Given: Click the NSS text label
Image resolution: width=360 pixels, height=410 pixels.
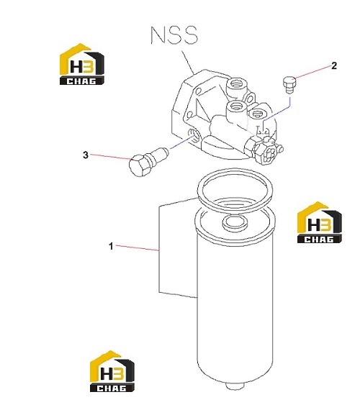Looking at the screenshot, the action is point(174,35).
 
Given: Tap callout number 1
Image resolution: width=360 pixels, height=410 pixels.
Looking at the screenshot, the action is point(111,246).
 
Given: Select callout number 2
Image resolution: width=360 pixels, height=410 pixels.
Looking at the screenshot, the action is point(334,65).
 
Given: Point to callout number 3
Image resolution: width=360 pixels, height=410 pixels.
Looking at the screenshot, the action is point(86,155).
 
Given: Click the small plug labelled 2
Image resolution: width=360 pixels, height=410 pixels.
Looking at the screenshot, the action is point(289,84).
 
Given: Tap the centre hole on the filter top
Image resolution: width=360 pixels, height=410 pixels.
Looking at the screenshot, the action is point(235,222).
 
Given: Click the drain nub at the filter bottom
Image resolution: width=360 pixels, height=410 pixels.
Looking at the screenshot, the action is point(235,386).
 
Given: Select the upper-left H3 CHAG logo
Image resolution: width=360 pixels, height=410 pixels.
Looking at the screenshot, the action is point(82,64).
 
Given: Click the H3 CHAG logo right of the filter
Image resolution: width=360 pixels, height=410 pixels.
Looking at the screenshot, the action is point(320,222).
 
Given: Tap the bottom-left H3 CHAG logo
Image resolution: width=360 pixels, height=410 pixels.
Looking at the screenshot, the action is point(112,371).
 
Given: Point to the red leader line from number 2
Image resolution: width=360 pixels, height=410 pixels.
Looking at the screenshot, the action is point(313,72).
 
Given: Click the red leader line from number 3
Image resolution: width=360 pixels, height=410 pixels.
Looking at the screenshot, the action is point(111,157).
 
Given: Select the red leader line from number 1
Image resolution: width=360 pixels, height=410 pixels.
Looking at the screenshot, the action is point(138,248).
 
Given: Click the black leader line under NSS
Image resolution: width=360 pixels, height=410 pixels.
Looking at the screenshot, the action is point(187,61).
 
